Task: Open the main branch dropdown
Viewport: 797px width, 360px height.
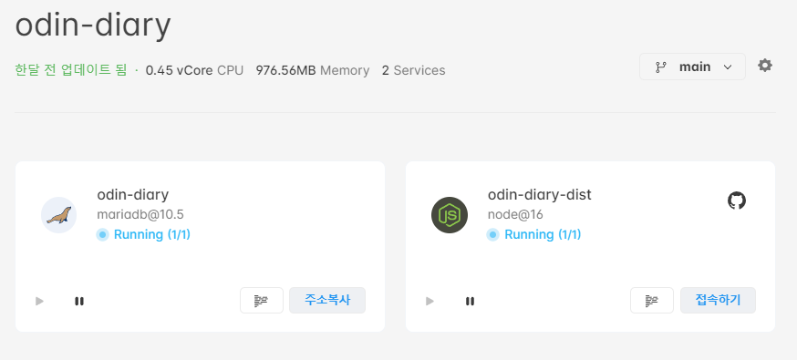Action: [x=692, y=67]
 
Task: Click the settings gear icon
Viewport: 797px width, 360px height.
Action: [x=765, y=66]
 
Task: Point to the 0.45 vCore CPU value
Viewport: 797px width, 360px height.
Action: [x=194, y=70]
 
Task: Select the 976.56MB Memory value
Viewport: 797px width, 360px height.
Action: [x=312, y=70]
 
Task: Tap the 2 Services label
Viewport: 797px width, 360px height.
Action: [x=413, y=70]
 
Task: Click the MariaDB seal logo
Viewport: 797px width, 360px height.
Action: [x=59, y=215]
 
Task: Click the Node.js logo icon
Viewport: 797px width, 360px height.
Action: [x=449, y=215]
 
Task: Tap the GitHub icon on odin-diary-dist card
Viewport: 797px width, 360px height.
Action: [x=737, y=200]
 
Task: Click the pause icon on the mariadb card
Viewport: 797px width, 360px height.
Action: [x=79, y=301]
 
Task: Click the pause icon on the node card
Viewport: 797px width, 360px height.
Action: [x=470, y=301]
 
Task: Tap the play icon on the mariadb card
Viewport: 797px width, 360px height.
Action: [x=39, y=301]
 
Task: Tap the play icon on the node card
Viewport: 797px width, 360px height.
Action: [x=430, y=301]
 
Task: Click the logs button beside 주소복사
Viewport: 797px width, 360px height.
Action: [x=262, y=300]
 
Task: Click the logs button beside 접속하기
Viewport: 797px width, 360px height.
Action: [x=652, y=300]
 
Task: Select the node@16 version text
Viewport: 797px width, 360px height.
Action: [x=515, y=214]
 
